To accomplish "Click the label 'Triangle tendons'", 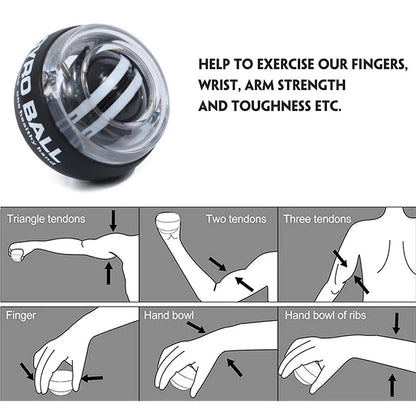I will (x=46, y=217).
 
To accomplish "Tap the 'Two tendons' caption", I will (x=238, y=217).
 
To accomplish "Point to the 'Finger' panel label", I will (x=22, y=313).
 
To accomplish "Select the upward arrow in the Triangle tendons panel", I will (x=108, y=272).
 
